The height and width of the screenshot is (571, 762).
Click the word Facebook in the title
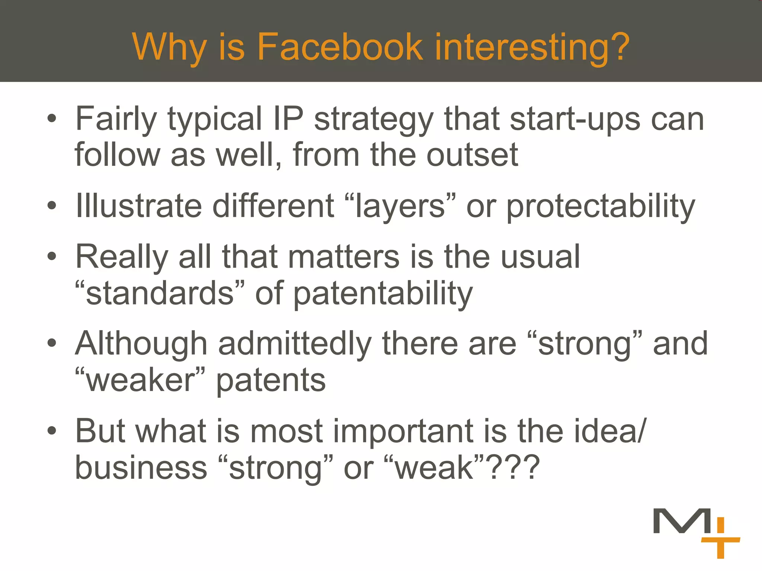pos(340,47)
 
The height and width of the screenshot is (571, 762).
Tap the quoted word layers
pos(400,207)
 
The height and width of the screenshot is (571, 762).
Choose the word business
pos(141,467)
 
